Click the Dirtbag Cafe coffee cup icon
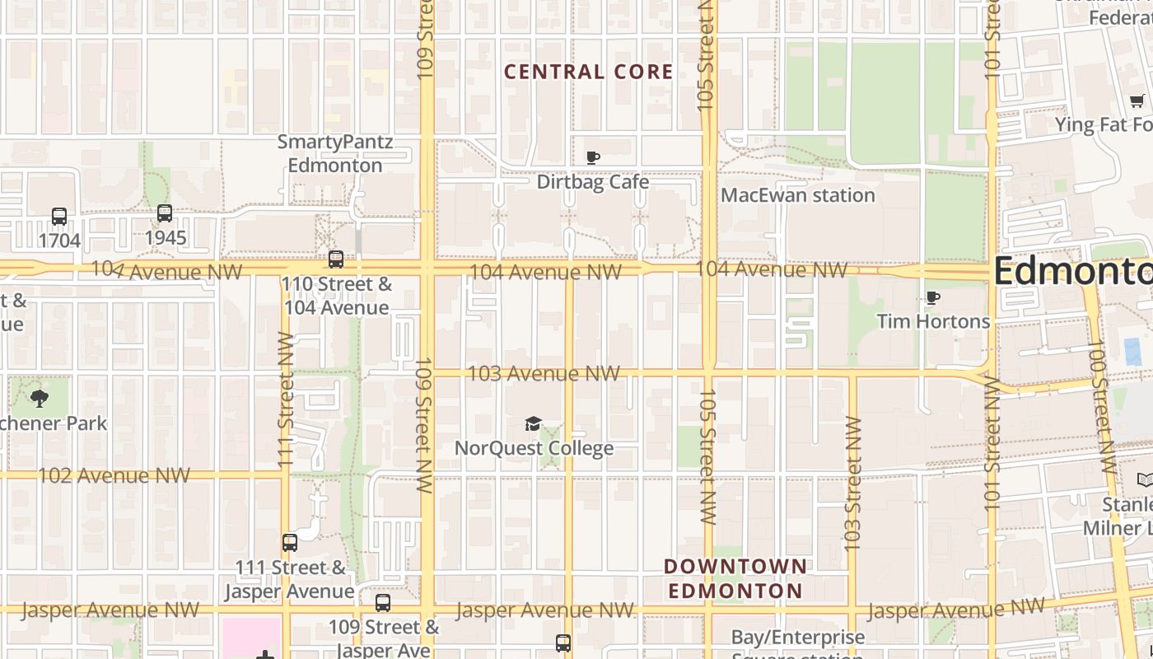pos(592,157)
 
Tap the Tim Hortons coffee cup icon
pos(932,297)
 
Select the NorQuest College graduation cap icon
pos(534,424)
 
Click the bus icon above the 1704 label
pos(59,217)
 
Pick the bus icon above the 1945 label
pos(165,213)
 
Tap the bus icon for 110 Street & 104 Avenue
pos(336,259)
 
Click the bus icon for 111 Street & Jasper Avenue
pos(290,543)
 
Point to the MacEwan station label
pos(797,195)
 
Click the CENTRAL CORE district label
pos(588,72)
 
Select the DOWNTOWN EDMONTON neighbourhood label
pos(735,578)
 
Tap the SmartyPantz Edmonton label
pos(334,153)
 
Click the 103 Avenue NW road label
pos(543,374)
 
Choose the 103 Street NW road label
pos(852,484)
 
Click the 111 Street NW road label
pos(286,400)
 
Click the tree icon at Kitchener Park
pos(39,400)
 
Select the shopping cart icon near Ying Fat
pos(1137,101)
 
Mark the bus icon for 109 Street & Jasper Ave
pos(383,603)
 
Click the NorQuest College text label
pos(534,448)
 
